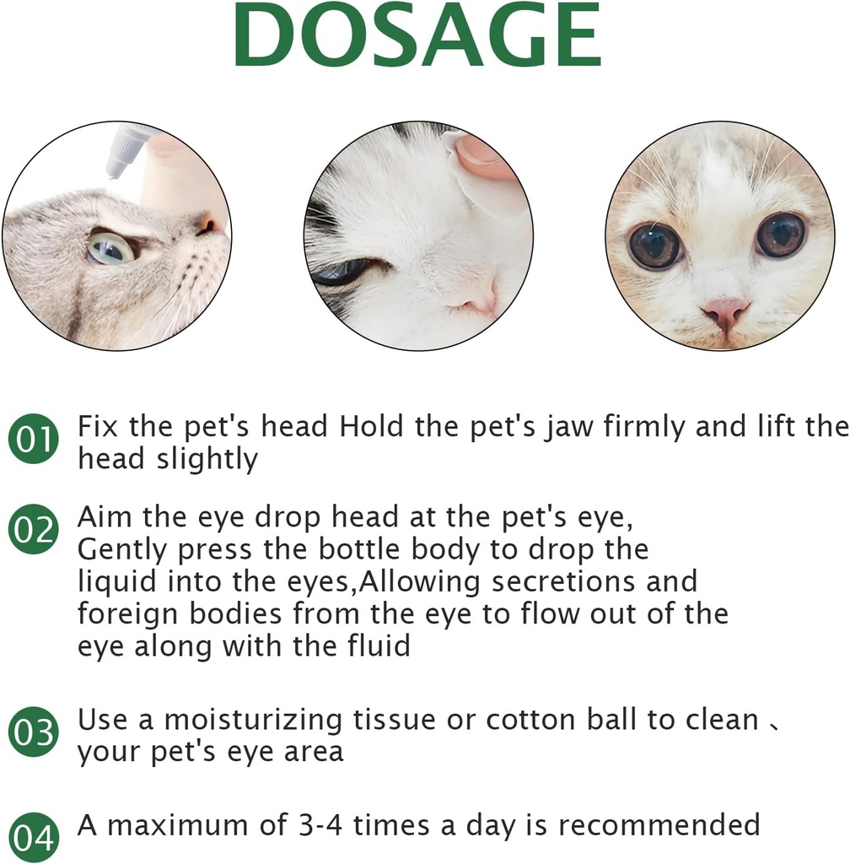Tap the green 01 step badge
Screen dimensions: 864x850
coord(34,440)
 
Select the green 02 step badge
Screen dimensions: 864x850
coord(34,530)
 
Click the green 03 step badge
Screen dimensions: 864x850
coord(34,732)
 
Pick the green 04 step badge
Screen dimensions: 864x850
coord(34,837)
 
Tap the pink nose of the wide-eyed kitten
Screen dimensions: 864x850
coord(724,311)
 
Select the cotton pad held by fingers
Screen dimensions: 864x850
coord(481,181)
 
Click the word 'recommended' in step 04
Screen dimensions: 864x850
coord(659,824)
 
